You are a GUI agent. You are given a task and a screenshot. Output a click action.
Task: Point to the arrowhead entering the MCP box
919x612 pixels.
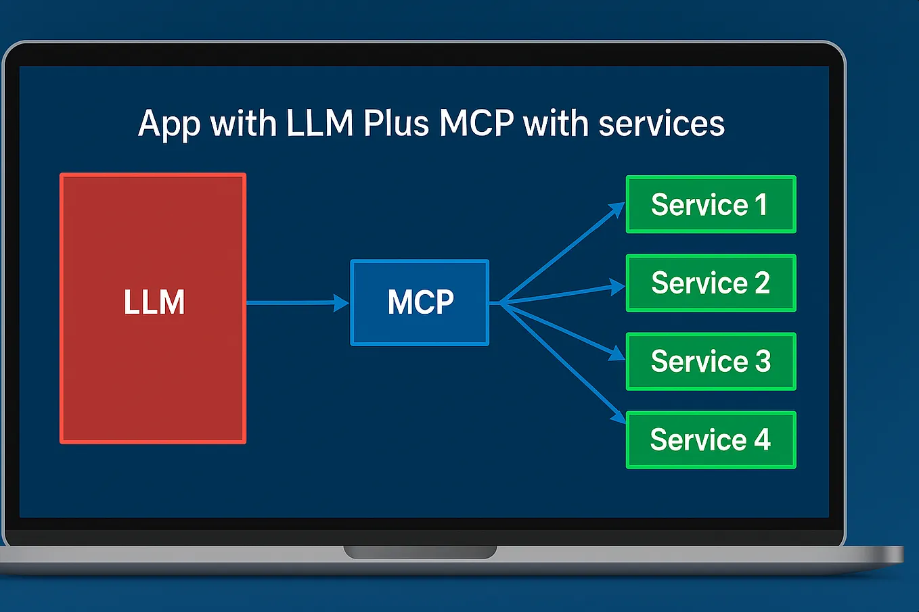click(342, 302)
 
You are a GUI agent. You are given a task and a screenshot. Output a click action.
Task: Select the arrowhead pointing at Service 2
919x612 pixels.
click(617, 287)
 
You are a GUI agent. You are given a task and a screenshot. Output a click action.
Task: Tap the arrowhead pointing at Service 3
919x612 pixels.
click(617, 353)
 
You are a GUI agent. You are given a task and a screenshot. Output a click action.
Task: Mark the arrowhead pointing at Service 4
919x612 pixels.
click(618, 417)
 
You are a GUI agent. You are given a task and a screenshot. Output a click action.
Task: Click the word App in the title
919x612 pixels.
click(169, 124)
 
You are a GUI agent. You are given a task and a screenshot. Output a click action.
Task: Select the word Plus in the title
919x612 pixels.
click(396, 124)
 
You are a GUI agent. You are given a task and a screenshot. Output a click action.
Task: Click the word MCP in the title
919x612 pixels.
click(476, 124)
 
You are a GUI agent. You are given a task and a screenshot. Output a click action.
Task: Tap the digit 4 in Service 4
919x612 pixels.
click(762, 440)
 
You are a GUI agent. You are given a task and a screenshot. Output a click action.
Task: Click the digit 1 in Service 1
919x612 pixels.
click(761, 205)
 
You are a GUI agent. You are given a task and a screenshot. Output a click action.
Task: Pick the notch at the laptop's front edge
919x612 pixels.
click(420, 552)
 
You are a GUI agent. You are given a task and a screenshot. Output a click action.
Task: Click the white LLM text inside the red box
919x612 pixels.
click(154, 302)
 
